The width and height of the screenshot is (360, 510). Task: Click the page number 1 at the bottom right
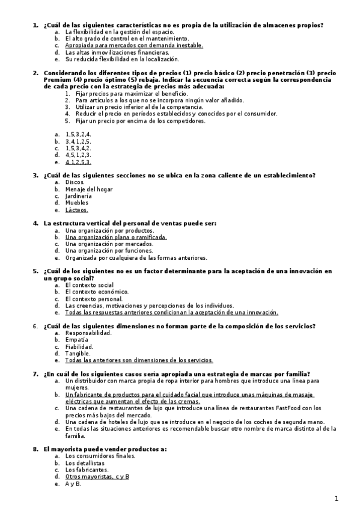[x=337, y=499]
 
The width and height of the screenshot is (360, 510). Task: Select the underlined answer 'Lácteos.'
[x=76, y=210]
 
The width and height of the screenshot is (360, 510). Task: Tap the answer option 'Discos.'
[x=75, y=182]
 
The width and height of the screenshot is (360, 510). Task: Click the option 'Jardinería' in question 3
[x=79, y=196]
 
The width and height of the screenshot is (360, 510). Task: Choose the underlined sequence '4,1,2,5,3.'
[x=78, y=162]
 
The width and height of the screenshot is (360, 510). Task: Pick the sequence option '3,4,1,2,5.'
[x=78, y=141]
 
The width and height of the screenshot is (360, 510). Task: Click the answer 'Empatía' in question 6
[x=76, y=340]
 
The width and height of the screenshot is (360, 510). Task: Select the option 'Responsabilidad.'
[x=88, y=333]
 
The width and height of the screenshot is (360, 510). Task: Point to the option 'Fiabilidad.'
[x=79, y=347]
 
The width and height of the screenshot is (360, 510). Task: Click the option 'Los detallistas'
[x=85, y=463]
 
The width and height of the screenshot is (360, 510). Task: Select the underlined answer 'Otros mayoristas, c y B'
[x=97, y=476]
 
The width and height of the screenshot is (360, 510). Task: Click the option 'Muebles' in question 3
[x=77, y=203]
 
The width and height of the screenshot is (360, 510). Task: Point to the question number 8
[x=35, y=449]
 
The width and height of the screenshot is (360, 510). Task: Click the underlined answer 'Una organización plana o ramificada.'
[x=116, y=237]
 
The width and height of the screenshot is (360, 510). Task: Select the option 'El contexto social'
[x=90, y=284]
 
